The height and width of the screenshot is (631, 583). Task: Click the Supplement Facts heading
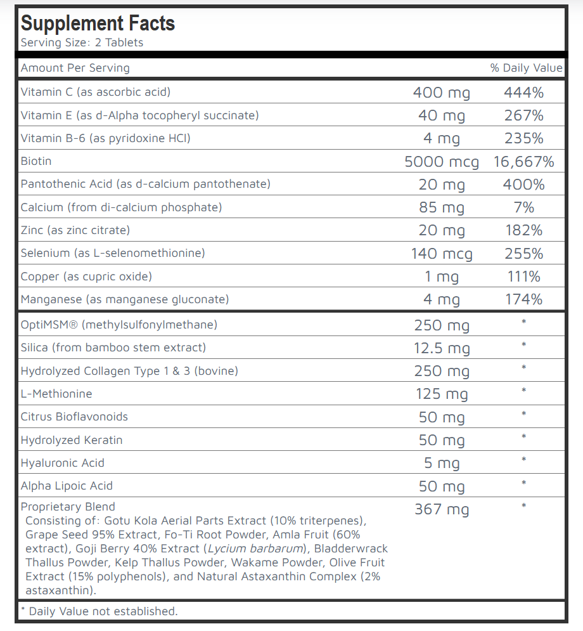pos(98,23)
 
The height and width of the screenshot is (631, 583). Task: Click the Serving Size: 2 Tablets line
pos(82,43)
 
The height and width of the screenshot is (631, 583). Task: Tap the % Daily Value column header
pos(526,68)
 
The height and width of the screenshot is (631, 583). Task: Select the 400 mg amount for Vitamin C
pos(441,93)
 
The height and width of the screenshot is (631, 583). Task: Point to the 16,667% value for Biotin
pos(523,162)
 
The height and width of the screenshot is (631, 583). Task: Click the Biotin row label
pos(35,161)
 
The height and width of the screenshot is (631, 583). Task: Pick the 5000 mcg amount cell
pos(441,162)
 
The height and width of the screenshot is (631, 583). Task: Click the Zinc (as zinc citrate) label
pos(75,230)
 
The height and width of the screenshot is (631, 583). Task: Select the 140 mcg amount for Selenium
pos(441,254)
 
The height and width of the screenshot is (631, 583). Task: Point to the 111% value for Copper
pos(523,276)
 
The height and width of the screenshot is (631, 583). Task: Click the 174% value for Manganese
pos(523,299)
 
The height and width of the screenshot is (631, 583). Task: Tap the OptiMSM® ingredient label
pos(119,325)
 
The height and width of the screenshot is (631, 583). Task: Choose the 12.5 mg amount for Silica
pos(441,348)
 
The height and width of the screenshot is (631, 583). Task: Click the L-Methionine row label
pos(56,394)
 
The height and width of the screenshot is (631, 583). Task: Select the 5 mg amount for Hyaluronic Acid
pos(441,463)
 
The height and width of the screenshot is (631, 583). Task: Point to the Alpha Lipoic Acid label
pos(67,486)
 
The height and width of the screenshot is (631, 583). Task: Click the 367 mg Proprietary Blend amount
pos(441,509)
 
